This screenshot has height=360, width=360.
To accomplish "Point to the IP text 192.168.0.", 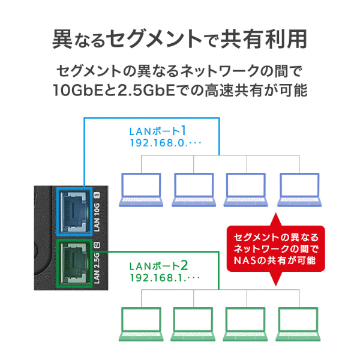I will [157, 144].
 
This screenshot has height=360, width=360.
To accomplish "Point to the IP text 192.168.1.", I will [157, 279].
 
